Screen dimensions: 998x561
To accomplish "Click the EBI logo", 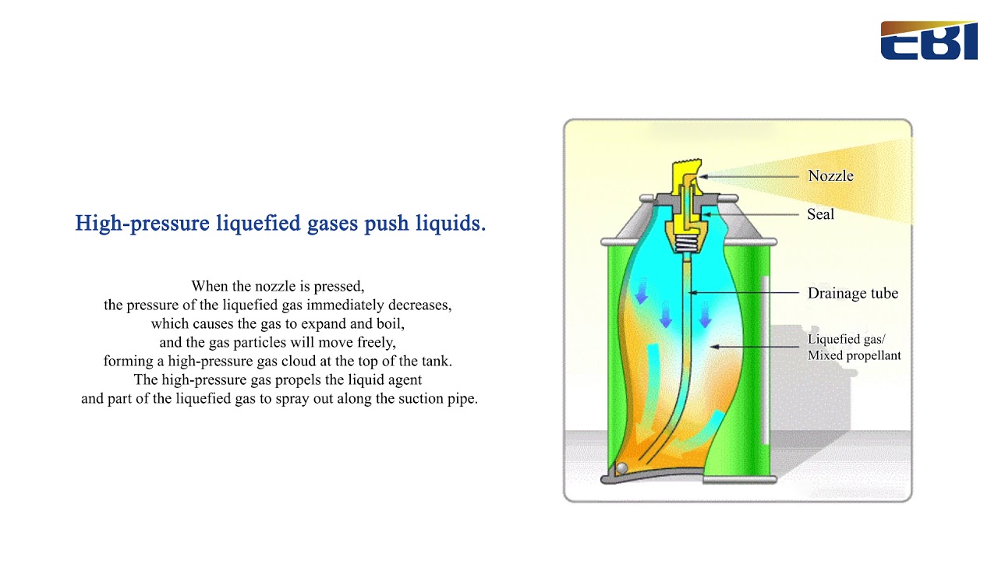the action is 928,41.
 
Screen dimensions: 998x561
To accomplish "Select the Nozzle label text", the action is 830,176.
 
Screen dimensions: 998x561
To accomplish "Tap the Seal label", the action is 820,214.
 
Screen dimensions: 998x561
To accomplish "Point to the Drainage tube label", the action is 852,294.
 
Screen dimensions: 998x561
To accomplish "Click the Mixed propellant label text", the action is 854,355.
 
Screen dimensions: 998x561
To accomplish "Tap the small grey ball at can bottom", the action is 621,468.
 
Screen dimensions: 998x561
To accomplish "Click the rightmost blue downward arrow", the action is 705,316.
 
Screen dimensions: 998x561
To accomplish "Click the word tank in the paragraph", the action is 436,362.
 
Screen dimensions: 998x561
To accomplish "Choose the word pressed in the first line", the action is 341,286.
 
